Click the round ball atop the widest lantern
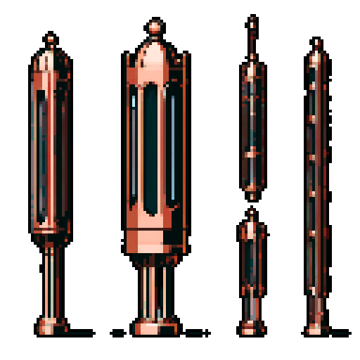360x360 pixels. [x=155, y=27]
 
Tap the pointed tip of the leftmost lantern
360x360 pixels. [x=50, y=40]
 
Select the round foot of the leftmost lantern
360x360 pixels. [x=50, y=325]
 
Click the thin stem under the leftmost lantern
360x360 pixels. [x=50, y=278]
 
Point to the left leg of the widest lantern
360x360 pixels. [x=144, y=292]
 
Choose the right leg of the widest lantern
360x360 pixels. [x=165, y=292]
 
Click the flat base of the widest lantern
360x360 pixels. [x=155, y=328]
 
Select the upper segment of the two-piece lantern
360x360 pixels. [x=252, y=127]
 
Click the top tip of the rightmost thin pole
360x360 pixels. [x=316, y=44]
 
